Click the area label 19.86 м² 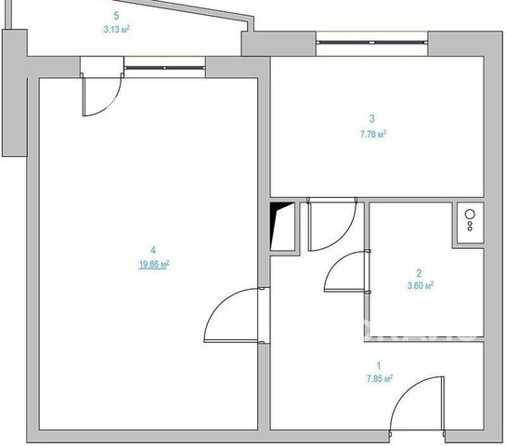pos(154,265)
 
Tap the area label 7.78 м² pos(373,134)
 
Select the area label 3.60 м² pos(421,285)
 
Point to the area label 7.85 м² pos(380,378)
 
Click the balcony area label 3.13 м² pos(116,30)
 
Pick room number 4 pos(153,250)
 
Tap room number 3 pos(372,118)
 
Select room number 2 pos(419,273)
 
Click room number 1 pos(379,366)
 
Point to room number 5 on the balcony pos(116,16)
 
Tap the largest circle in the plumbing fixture pos(470,214)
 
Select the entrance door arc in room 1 pos(405,391)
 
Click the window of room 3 pos(372,42)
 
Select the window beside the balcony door pos(164,68)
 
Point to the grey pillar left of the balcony pos(15,93)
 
